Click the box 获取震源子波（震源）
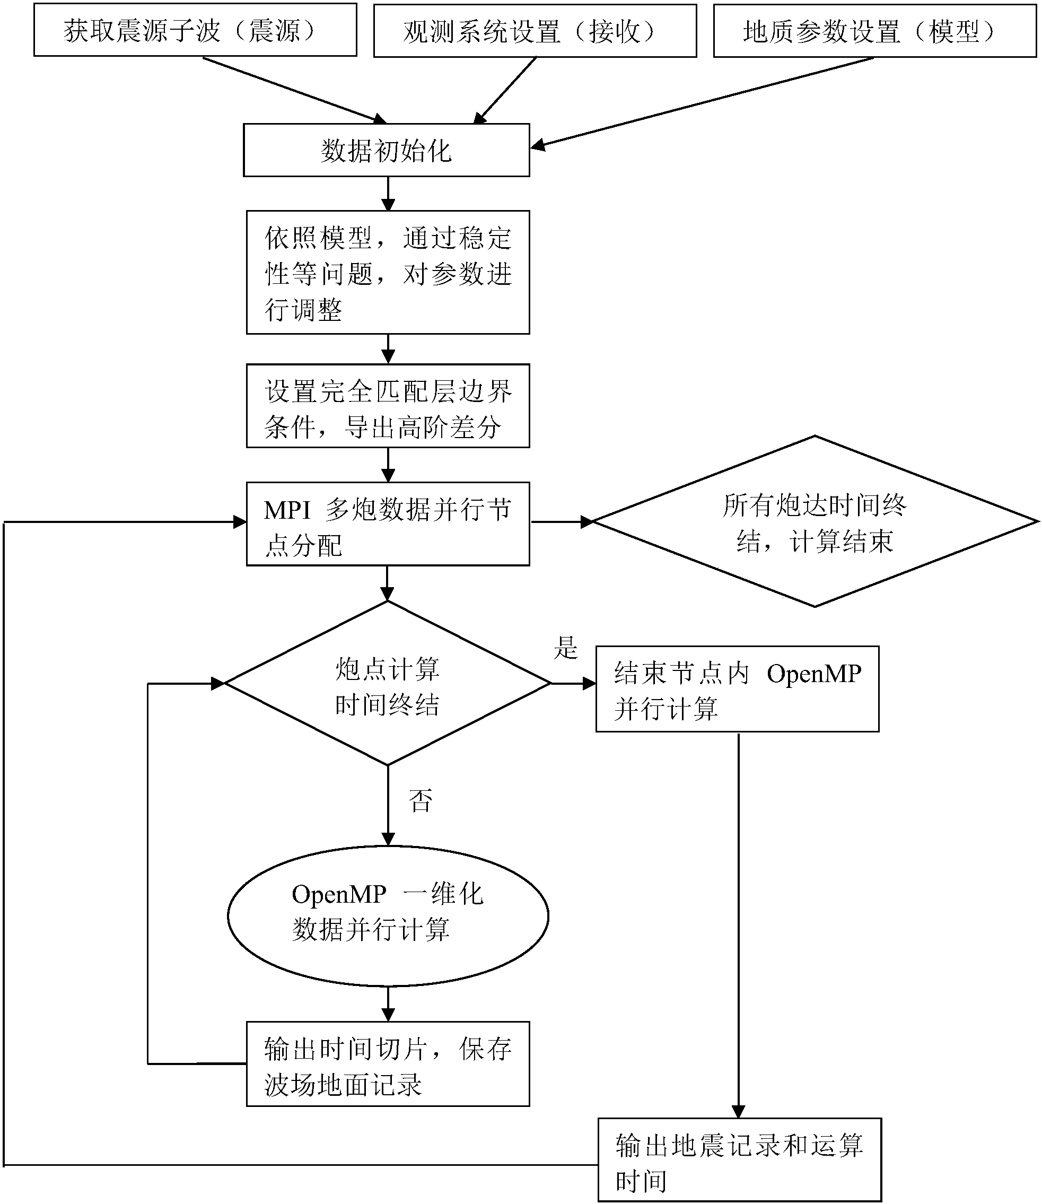pos(195,30)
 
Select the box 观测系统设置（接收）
pos(535,31)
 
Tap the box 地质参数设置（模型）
pos(874,31)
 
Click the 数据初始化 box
pos(386,150)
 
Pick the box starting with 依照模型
pos(387,272)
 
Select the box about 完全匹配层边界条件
pos(387,406)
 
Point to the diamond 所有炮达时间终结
pos(814,522)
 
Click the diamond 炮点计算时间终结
pos(387,684)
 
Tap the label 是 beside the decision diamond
pos(565,648)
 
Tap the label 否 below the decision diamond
pos(421,801)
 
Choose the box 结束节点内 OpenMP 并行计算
pos(737,689)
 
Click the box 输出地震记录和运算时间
pos(739,1161)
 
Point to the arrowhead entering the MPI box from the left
pos(239,522)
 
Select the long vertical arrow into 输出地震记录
pos(739,925)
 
